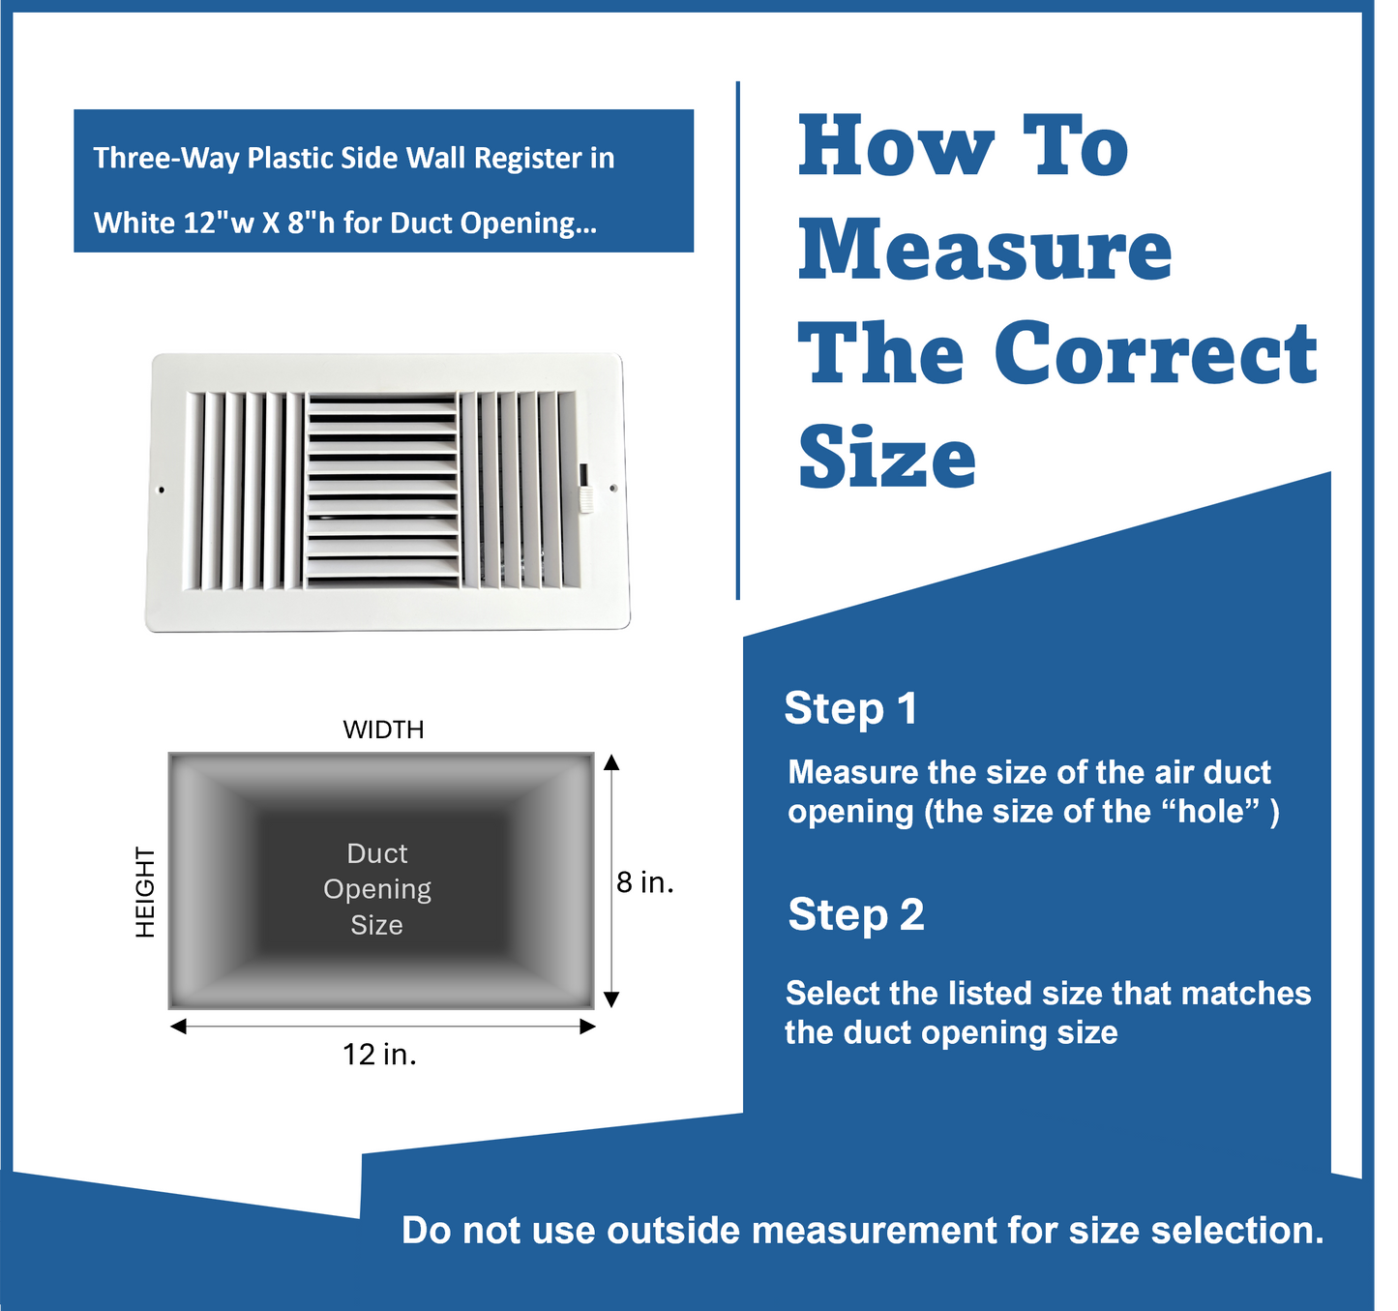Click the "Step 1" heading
coord(850,708)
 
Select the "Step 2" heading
coord(855,914)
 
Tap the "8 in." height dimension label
coord(644,882)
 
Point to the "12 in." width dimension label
coord(379,1054)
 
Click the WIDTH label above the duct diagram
coord(383,730)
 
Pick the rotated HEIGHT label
coord(144,891)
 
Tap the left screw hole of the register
coord(162,491)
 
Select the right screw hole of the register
coord(613,489)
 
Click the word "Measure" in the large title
coord(984,250)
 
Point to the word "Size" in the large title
coord(886,457)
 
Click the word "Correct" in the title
coord(1155,353)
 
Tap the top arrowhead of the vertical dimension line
coord(611,762)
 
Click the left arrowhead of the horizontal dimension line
coord(178,1027)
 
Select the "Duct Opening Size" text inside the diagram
coord(377,889)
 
